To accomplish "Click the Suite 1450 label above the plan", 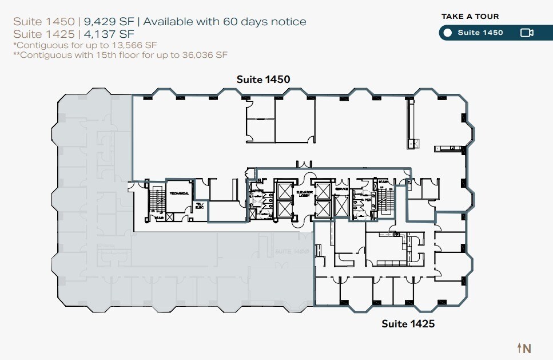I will (263, 80).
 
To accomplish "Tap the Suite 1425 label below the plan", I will (408, 324).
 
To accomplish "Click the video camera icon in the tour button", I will (527, 33).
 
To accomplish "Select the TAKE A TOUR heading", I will (470, 17).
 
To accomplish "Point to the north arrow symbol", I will (524, 347).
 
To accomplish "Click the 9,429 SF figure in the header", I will (109, 22).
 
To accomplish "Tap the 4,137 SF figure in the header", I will (101, 33).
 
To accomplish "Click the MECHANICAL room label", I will (179, 193).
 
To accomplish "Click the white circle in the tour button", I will (448, 33).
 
